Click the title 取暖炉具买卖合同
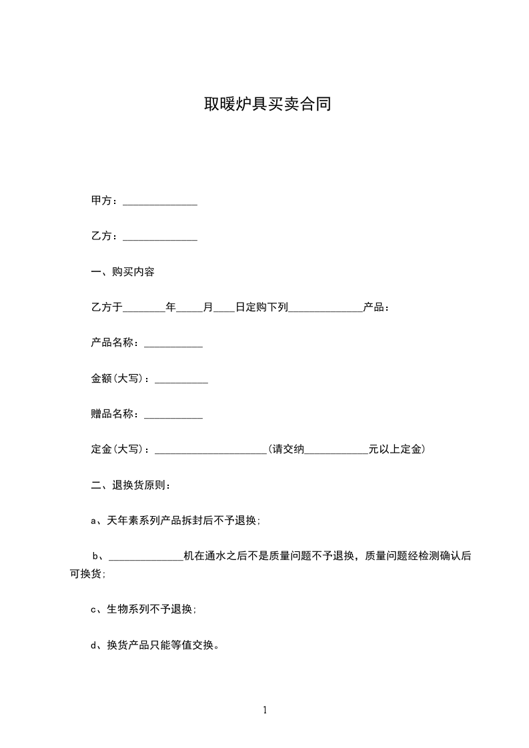coord(268,105)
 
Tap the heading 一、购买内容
coord(123,272)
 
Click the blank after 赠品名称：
coord(173,417)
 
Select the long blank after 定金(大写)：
coord(211,452)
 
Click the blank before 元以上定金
coord(336,452)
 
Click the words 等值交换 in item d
coord(195,645)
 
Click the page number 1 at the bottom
coord(265,711)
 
